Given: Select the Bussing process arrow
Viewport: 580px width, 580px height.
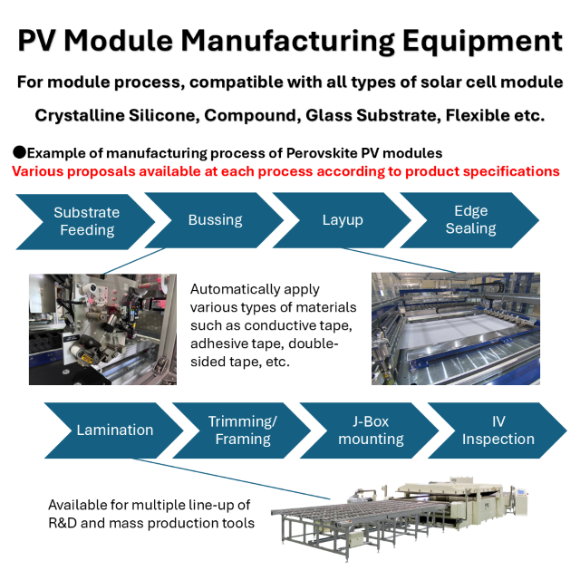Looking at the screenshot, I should [x=215, y=220].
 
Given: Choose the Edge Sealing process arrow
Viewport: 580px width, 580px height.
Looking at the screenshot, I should [x=470, y=220].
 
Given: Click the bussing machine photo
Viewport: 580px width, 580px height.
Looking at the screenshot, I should [x=102, y=328].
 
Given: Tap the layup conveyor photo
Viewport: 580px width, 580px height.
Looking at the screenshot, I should [x=456, y=328].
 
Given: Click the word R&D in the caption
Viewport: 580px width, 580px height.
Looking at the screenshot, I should [x=64, y=522].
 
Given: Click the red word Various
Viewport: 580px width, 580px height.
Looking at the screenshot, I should [x=40, y=170].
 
